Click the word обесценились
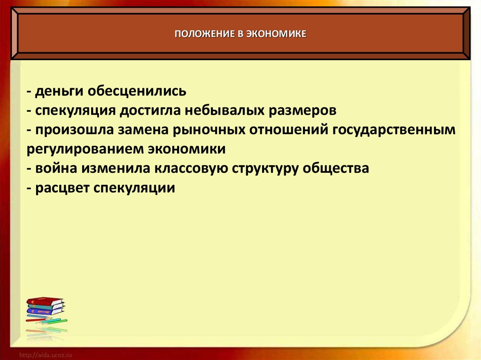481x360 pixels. [137, 91]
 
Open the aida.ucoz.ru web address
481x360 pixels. [46, 355]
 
